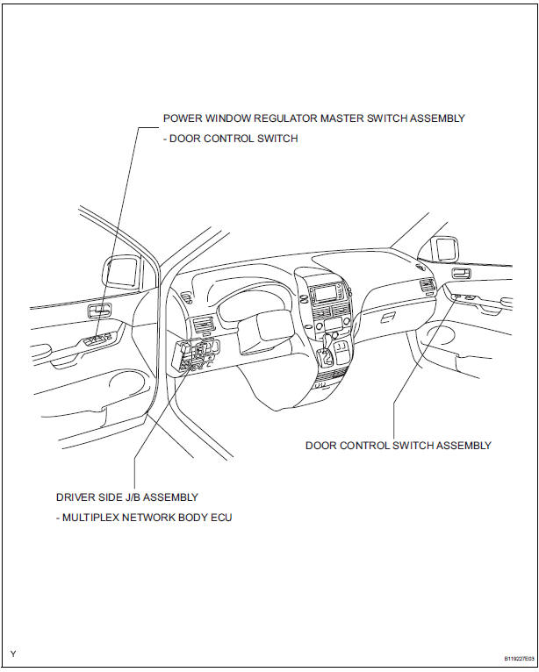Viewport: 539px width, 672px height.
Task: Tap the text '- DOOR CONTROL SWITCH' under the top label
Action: tap(230, 139)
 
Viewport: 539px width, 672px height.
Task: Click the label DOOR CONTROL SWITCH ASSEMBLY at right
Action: tap(398, 446)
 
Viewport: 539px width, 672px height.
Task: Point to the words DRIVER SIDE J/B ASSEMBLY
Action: tap(127, 497)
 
